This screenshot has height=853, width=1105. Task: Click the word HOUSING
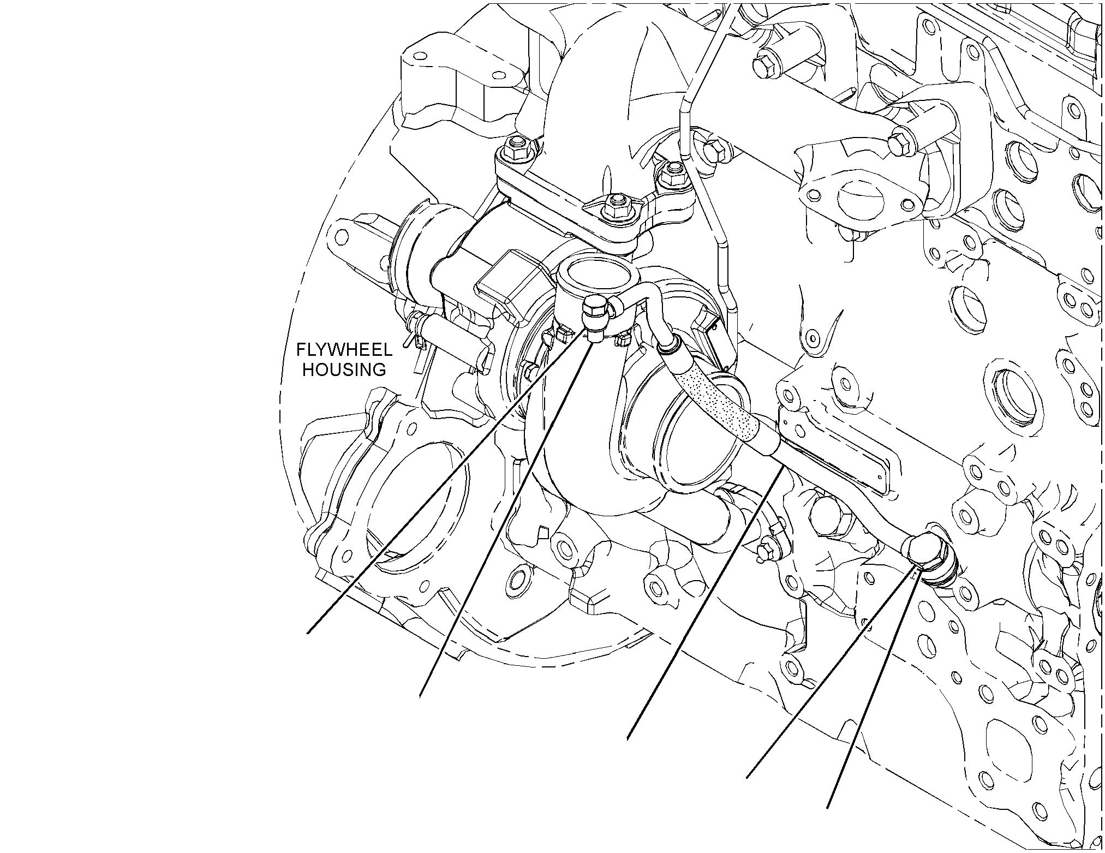click(344, 369)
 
